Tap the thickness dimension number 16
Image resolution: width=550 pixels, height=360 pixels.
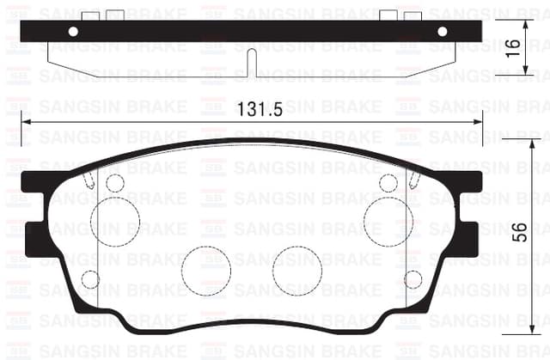click(514, 47)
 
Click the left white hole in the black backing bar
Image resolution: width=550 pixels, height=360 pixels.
click(73, 31)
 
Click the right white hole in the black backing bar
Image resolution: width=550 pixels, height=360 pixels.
click(443, 31)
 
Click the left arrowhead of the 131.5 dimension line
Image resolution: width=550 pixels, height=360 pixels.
click(24, 122)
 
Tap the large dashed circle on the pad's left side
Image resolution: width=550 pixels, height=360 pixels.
click(114, 220)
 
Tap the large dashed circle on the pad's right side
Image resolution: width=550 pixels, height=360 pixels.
click(388, 220)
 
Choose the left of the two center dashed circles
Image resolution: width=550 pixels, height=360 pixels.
click(205, 269)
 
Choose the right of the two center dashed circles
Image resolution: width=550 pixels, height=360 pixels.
click(297, 269)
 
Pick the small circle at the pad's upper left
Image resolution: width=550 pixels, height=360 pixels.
click(114, 182)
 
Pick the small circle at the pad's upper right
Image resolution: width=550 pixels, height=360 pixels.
click(388, 182)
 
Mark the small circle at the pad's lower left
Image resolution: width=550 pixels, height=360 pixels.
click(89, 279)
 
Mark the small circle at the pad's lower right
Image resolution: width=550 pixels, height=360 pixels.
click(412, 279)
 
